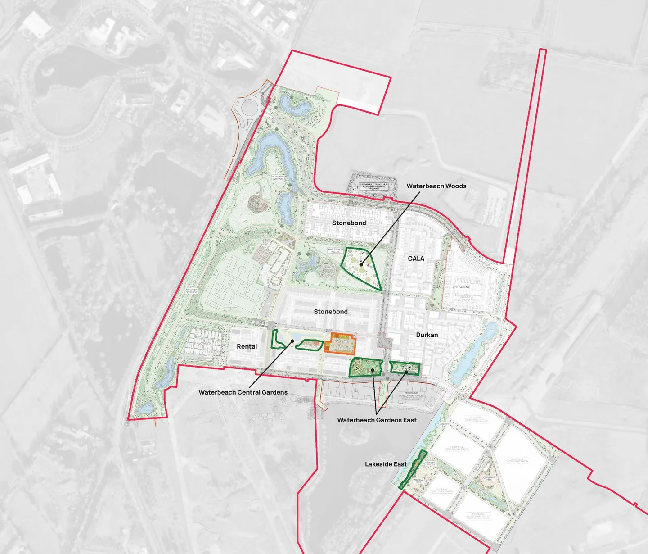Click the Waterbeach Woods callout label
(436, 186)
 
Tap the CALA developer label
(416, 259)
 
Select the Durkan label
(427, 335)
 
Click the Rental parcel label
(247, 346)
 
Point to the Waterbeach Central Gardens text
(243, 392)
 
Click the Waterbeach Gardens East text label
(377, 420)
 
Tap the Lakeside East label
(386, 464)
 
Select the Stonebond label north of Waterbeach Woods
(349, 223)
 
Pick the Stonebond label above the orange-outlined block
(331, 312)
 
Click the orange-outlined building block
(343, 344)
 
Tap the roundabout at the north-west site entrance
(248, 108)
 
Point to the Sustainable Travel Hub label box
(373, 186)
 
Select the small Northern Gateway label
(278, 178)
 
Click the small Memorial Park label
(418, 481)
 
